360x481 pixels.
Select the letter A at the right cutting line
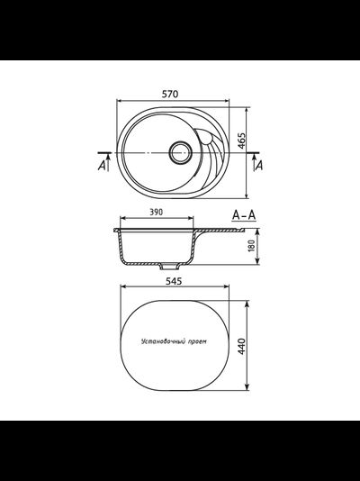pos(259,165)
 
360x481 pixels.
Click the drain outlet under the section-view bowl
pos(167,267)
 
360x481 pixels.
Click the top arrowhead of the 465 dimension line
pos(247,105)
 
